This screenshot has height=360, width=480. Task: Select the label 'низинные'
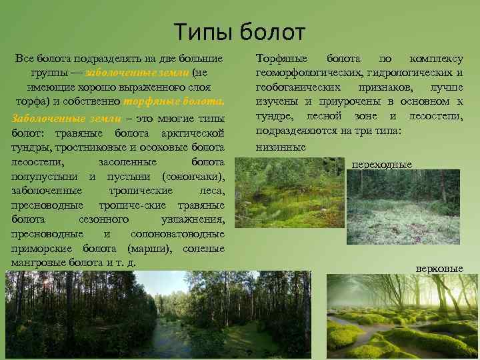[281, 147]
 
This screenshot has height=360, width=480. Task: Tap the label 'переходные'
[381, 164]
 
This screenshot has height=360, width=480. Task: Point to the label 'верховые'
[439, 268]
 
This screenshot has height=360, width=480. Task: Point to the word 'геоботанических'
[300, 87]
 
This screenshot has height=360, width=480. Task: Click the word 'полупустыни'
[43, 177]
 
